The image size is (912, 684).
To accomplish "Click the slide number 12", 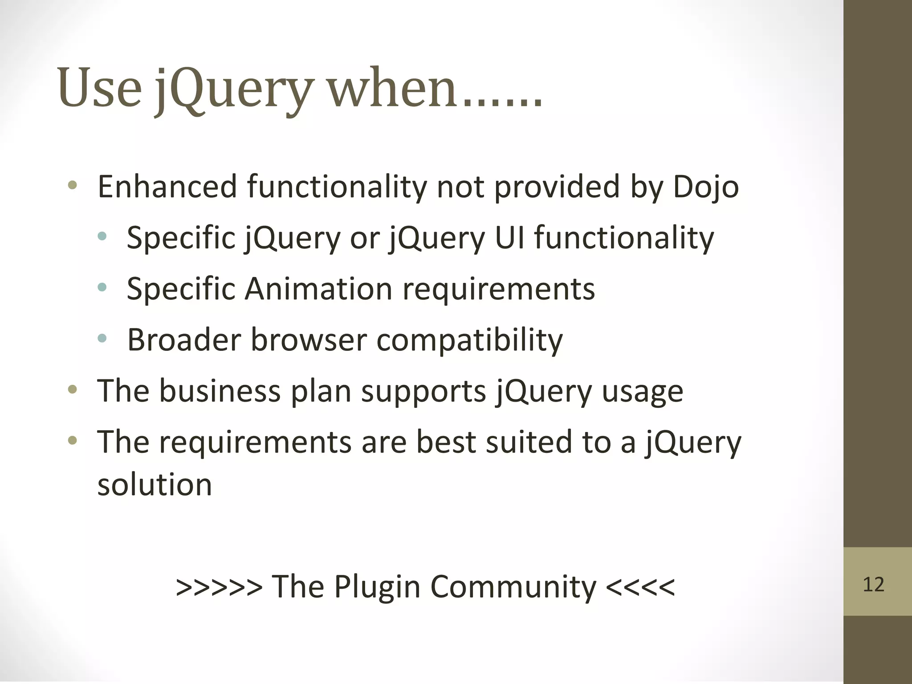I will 873,584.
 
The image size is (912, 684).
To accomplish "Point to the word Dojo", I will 706,187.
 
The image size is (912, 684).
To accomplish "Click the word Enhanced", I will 167,187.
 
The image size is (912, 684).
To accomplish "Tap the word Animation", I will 318,289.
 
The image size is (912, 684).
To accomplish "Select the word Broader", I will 183,340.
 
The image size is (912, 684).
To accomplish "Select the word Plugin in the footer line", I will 377,587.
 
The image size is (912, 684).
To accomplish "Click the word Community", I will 513,587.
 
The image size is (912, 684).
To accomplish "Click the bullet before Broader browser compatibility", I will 102,338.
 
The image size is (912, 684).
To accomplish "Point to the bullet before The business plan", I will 73,390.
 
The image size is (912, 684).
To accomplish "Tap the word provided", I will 557,187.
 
